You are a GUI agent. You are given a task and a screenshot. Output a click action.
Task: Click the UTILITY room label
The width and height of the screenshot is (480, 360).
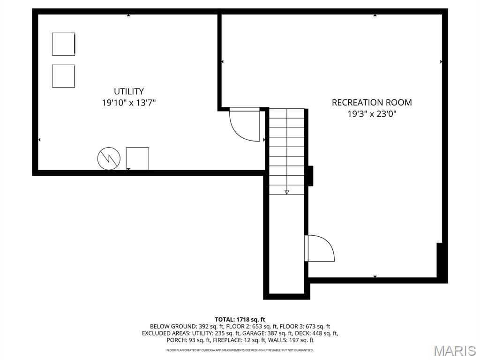tap(129, 91)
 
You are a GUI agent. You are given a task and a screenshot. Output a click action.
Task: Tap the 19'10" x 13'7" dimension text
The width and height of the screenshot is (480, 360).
tap(129, 103)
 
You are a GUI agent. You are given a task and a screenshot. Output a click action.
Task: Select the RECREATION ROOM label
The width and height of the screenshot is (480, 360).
tap(372, 102)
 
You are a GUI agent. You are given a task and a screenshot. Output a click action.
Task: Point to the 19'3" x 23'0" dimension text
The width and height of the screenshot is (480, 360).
tap(372, 114)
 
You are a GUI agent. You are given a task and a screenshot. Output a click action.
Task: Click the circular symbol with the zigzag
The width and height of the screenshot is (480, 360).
tap(109, 158)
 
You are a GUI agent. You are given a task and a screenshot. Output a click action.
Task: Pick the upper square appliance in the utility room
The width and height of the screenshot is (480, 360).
tap(63, 44)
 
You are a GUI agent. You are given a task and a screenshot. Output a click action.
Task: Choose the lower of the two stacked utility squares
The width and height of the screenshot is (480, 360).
tap(63, 76)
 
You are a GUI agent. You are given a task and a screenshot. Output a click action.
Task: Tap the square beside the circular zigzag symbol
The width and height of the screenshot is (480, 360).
tap(137, 158)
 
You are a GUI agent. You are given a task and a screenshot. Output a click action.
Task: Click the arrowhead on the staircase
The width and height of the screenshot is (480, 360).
tap(286, 192)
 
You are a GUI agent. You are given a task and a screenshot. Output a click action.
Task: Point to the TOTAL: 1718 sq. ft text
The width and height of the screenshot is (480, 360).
tap(240, 320)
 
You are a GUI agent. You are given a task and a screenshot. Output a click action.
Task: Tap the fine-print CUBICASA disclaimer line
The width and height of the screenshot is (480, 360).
tap(240, 350)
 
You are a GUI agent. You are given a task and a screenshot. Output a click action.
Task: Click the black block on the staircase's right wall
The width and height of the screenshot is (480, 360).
tap(310, 176)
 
